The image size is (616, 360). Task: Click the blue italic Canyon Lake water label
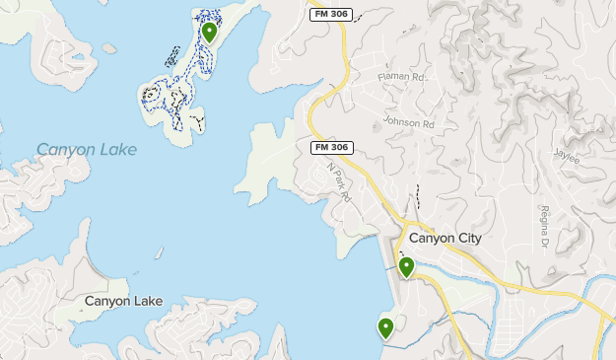[87, 150]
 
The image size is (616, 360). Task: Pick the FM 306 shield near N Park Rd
[332, 148]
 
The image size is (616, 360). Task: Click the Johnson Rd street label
[408, 124]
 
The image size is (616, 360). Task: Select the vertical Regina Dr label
[543, 227]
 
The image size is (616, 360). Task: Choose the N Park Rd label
[339, 181]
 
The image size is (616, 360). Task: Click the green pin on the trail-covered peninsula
[209, 32]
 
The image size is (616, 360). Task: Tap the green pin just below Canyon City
[405, 266]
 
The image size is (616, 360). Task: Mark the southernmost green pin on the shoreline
[385, 327]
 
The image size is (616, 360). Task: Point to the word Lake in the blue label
[117, 150]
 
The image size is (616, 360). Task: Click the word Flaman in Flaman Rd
[392, 75]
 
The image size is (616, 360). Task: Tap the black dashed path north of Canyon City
[417, 197]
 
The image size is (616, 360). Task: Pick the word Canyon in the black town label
[106, 301]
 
